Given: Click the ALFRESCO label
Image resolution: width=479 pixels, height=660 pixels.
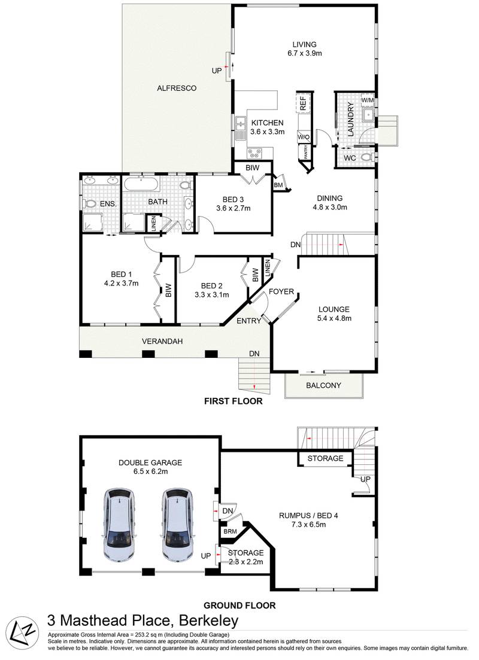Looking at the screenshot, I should [177, 88].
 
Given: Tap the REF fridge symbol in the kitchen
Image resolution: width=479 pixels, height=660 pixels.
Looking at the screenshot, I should [303, 103].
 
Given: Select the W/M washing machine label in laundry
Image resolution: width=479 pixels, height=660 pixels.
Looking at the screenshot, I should [367, 99].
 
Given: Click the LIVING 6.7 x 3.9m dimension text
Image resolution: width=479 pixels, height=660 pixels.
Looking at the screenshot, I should [304, 53].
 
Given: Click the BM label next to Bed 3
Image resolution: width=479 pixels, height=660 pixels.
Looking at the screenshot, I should [278, 185].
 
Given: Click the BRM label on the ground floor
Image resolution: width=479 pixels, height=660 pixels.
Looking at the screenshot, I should [229, 531].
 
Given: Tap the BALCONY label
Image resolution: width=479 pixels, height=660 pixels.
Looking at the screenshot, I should [323, 385].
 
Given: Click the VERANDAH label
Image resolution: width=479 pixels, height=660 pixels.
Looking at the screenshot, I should [162, 342].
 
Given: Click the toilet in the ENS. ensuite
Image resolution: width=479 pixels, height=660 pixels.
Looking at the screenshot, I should [91, 203].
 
